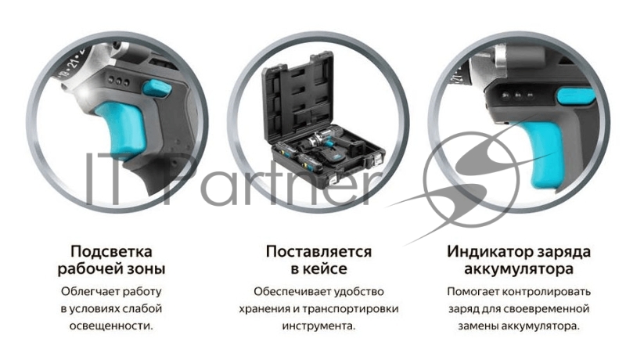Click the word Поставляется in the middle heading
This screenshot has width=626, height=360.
318,252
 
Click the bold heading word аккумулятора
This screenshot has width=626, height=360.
519,270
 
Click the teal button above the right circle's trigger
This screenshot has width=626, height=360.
574,96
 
